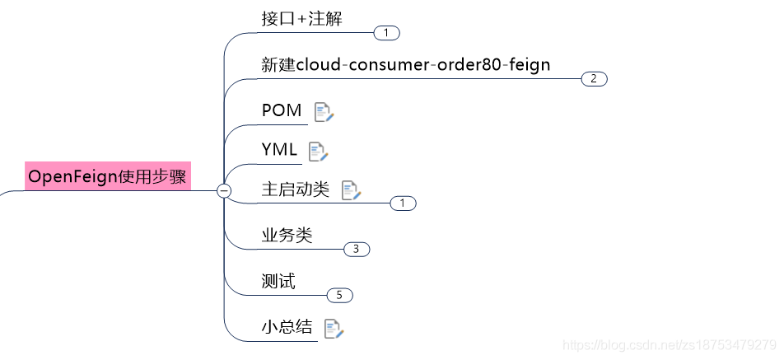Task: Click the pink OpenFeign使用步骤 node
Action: coord(108,176)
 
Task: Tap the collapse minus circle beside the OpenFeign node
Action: coord(223,191)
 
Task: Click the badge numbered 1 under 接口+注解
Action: coord(386,33)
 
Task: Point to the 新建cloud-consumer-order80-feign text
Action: coord(405,64)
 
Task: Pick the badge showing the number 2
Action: coord(594,79)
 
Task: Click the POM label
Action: coord(282,110)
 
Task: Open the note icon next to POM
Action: coord(324,112)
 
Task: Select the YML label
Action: coord(279,149)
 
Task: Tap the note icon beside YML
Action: coord(318,152)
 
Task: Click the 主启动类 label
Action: coord(295,189)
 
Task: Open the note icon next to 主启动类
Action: coord(352,191)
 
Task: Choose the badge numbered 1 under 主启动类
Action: coord(403,203)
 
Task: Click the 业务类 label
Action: coord(287,236)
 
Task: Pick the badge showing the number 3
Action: coord(357,249)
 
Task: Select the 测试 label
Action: coord(278,282)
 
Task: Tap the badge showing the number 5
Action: coord(339,295)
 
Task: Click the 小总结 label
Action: coord(287,326)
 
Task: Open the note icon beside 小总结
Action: coord(334,329)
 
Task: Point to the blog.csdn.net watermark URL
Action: coord(666,344)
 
